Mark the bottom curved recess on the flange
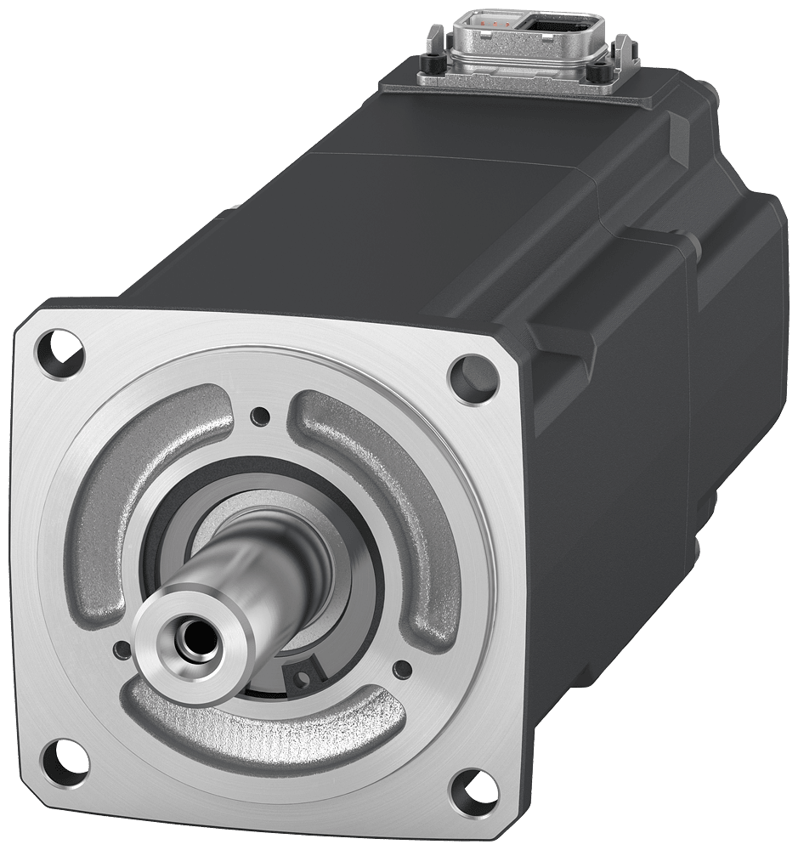click(255, 727)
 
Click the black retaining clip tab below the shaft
click(301, 676)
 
